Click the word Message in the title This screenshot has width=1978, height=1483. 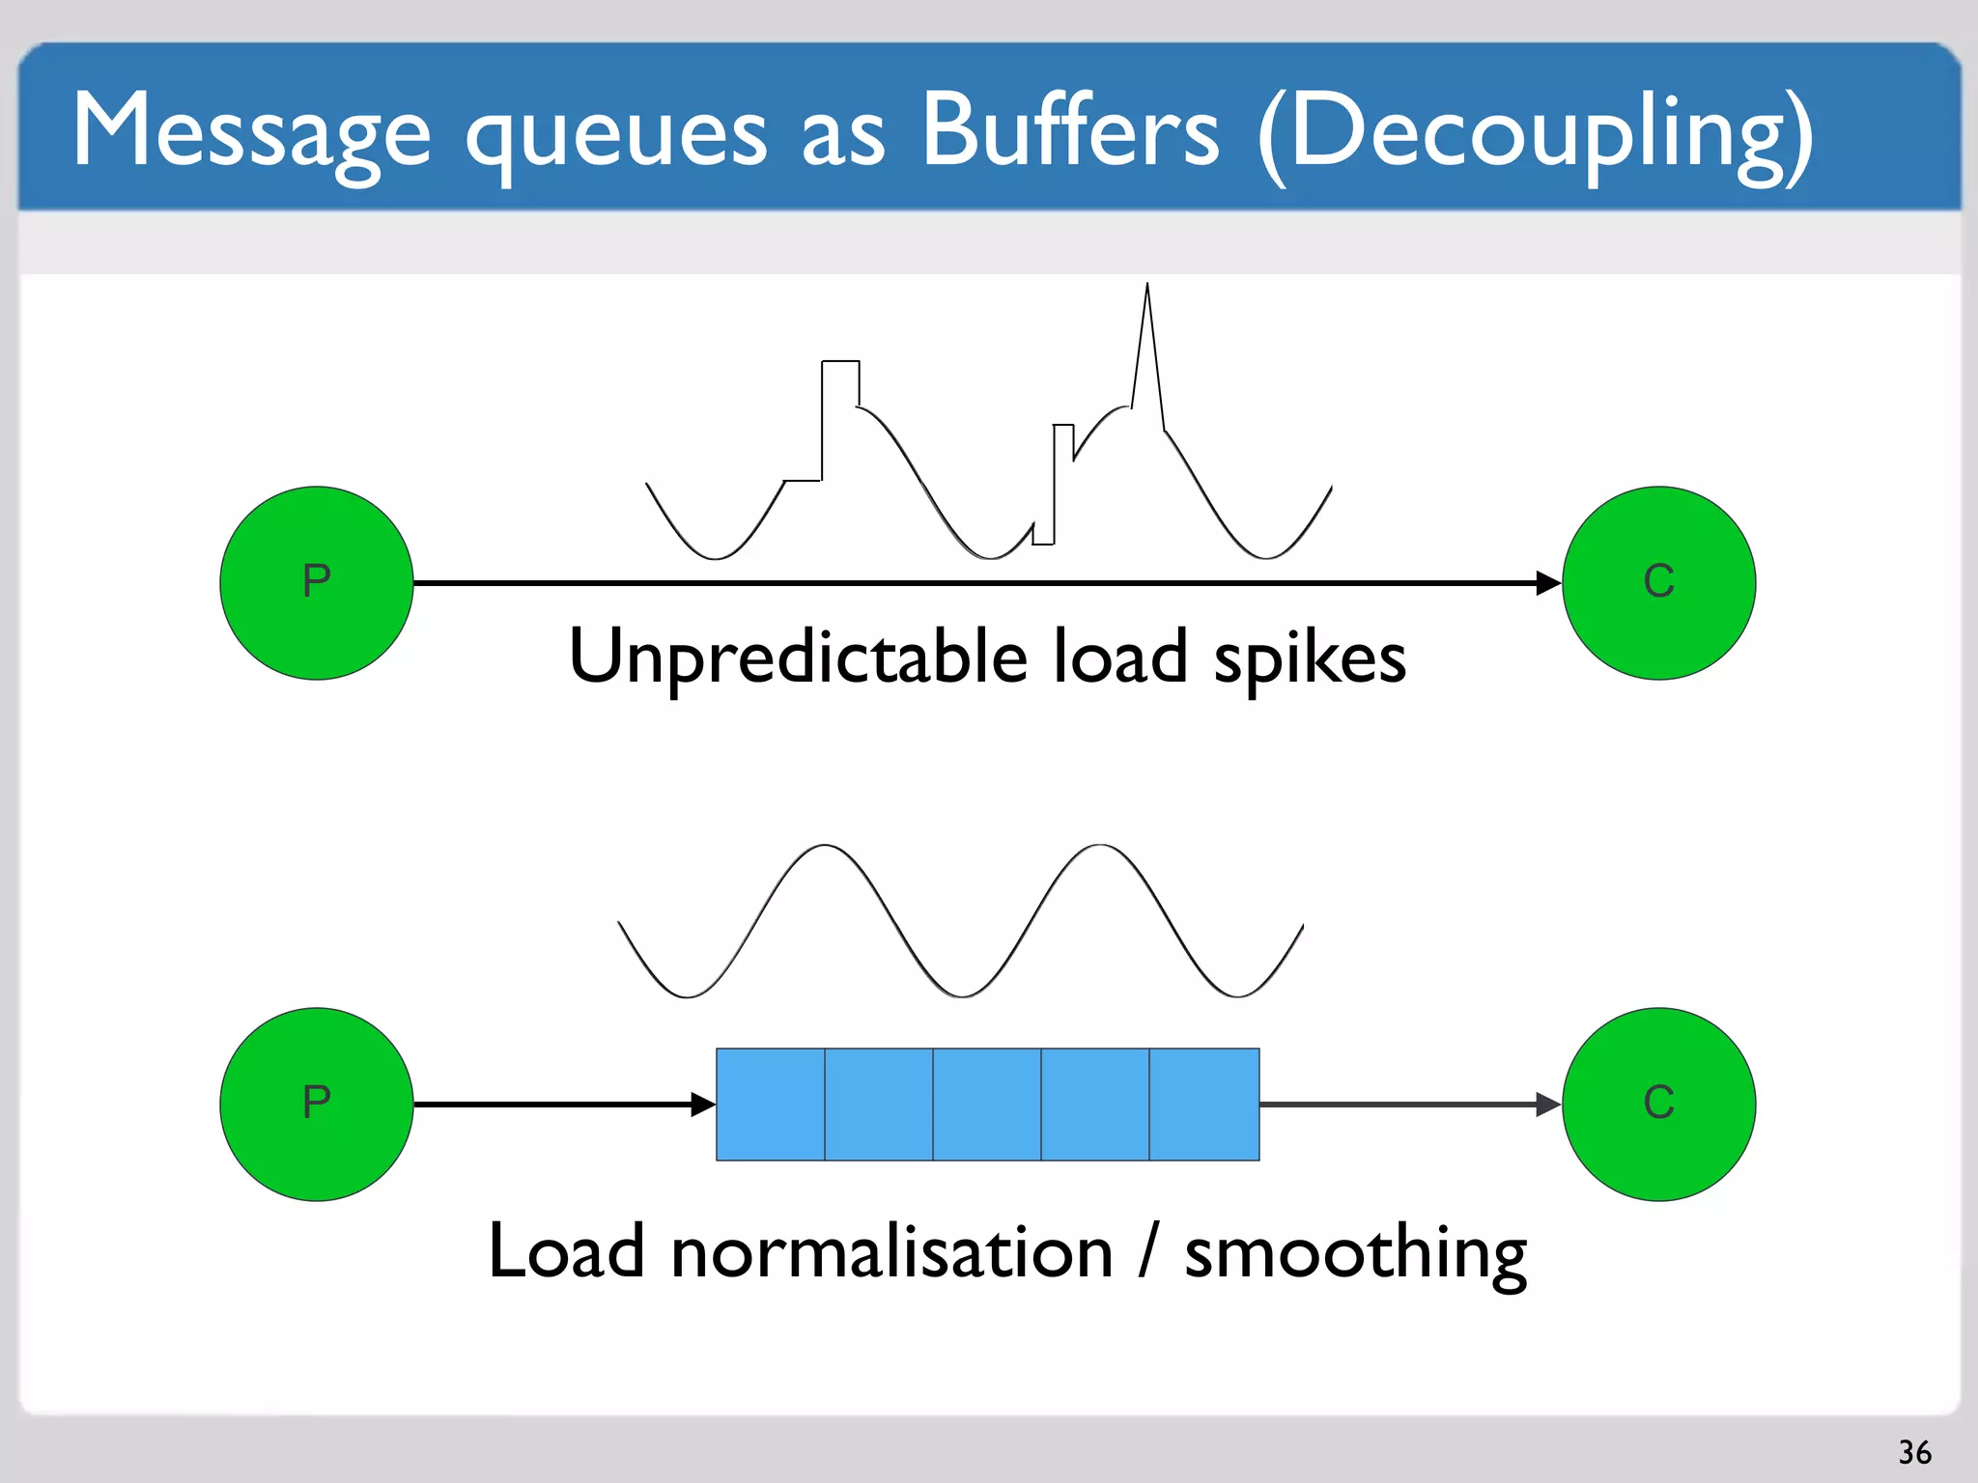coord(251,130)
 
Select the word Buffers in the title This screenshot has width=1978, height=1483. coord(1070,130)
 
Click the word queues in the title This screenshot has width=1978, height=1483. coord(616,135)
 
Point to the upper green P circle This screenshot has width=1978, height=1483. coord(317,583)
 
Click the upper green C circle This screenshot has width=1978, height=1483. coord(1658,583)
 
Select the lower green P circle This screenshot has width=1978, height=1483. coord(317,1104)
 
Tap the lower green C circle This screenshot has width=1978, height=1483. coord(1658,1104)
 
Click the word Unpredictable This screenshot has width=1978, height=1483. coord(798,657)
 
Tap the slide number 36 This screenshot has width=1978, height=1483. coord(1914,1452)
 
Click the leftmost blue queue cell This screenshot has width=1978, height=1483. coord(771,1104)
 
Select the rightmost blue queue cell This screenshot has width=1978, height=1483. coord(1204,1104)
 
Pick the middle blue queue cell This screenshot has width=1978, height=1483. coord(987,1104)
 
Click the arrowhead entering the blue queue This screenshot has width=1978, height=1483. coord(704,1104)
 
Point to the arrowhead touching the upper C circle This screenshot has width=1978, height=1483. coord(1548,583)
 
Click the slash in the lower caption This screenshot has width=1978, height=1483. coord(1148,1249)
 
